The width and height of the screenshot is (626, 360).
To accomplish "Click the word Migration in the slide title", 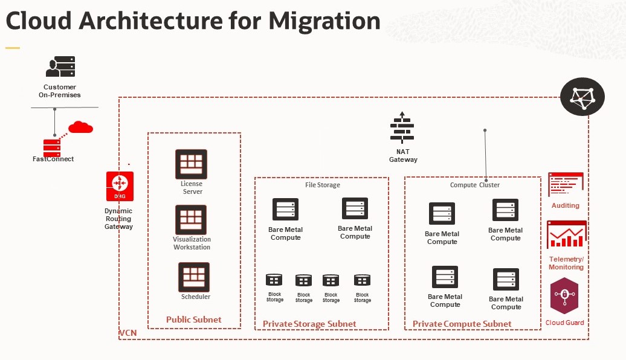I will (x=324, y=21).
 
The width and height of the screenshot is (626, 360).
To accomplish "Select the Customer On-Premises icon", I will (x=60, y=66).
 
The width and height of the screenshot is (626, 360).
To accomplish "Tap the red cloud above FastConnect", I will (x=80, y=127).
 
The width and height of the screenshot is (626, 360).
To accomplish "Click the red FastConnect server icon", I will (x=52, y=147).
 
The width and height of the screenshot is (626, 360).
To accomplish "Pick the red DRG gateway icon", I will (x=120, y=186).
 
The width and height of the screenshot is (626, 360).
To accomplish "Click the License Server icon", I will (x=191, y=164).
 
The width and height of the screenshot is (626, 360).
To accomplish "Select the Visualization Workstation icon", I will (x=191, y=220).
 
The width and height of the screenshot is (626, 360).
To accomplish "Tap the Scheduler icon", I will (x=194, y=277).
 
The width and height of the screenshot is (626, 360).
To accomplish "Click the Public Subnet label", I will (x=194, y=320).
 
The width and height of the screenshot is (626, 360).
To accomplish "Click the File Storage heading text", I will (x=323, y=185).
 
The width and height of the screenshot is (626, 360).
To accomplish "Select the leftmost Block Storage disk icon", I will (x=274, y=280).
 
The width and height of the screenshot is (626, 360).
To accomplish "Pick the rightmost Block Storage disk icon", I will (x=362, y=280).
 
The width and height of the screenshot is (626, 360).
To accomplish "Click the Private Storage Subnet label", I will (x=309, y=324).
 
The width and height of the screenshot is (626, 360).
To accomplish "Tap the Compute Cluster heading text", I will (x=475, y=185).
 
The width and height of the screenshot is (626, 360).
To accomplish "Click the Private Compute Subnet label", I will (x=462, y=324).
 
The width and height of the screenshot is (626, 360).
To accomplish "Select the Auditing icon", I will (x=566, y=185).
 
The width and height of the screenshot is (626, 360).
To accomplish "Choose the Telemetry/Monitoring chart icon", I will (x=566, y=235).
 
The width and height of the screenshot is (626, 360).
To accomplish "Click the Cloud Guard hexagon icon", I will (x=565, y=295).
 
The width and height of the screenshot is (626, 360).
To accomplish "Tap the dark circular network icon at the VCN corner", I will (x=582, y=97).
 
